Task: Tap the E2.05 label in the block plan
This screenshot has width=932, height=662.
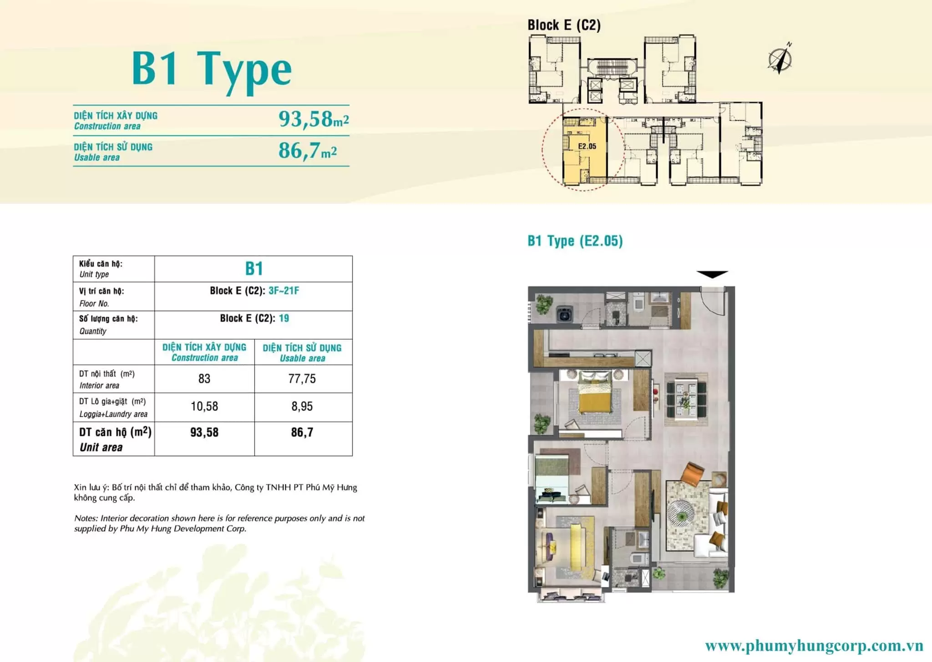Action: [587, 146]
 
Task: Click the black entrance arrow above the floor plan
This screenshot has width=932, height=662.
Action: [712, 274]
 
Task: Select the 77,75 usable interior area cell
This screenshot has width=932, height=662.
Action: [302, 379]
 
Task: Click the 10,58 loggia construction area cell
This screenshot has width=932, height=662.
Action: [204, 406]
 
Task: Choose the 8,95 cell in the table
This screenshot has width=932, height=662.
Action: [302, 406]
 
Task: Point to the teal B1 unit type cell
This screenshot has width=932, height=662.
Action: [254, 268]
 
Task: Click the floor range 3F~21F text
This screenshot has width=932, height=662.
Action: [284, 290]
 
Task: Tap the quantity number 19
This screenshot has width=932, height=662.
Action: [284, 318]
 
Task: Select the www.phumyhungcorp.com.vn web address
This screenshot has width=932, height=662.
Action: [814, 646]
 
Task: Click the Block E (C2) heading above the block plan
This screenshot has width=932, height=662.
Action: [564, 25]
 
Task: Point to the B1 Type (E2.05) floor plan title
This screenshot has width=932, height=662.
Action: [575, 241]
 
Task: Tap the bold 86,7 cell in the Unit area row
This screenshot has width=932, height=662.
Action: [302, 432]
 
